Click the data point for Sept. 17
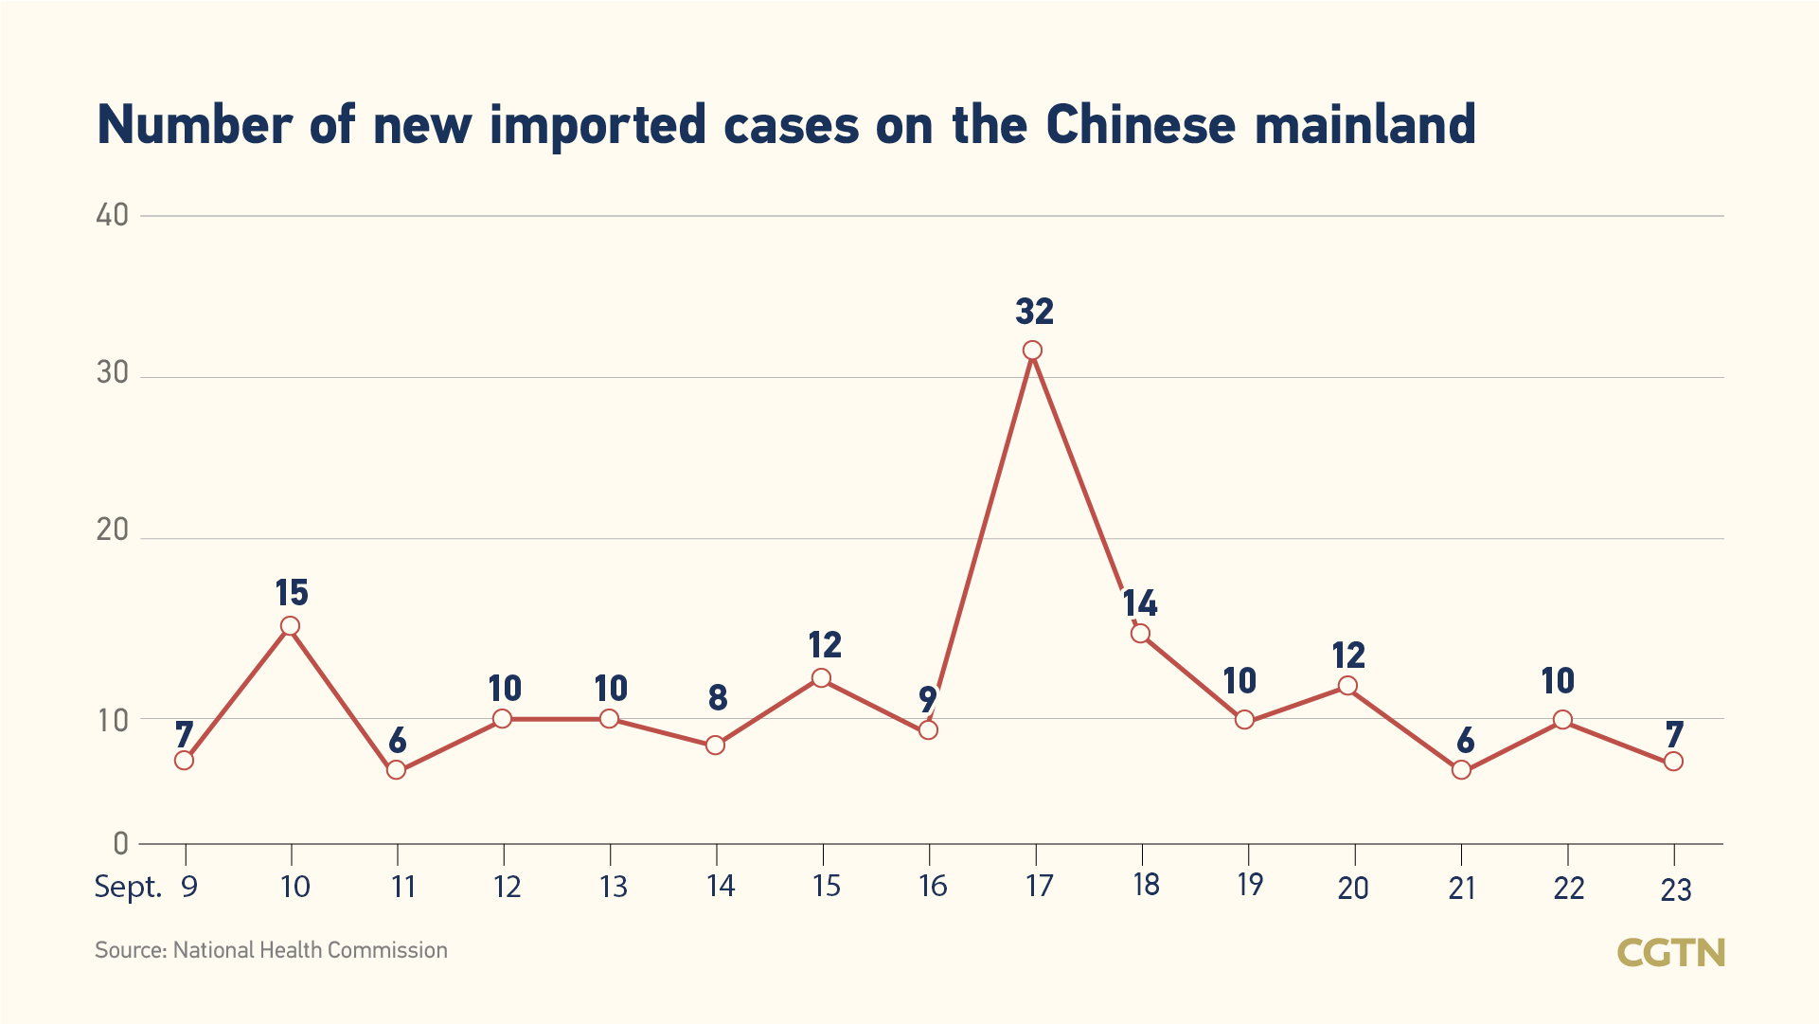1033,350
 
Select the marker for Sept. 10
291,626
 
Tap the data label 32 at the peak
1034,312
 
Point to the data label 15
292,593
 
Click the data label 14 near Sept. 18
1140,602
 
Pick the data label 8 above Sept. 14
718,698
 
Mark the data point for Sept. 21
1462,769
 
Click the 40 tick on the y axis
113,215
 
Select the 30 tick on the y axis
113,372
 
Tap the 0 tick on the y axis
120,842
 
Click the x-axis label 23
1676,889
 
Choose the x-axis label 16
933,886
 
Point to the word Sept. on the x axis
128,887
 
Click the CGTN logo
1670,953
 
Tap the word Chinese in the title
1141,125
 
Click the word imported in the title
597,125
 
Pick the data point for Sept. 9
185,760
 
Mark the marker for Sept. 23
1673,761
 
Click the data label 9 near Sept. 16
928,699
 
